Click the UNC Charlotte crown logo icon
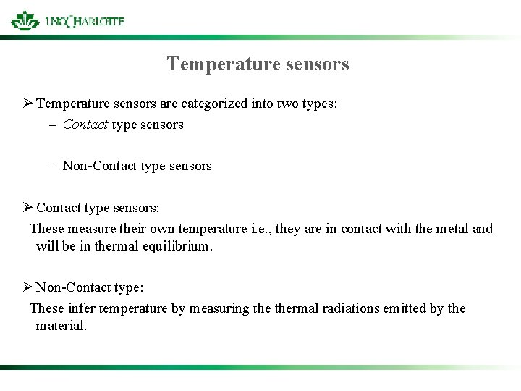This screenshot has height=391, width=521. [25, 20]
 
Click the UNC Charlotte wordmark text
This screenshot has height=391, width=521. [85, 21]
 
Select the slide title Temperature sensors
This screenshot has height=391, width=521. [258, 64]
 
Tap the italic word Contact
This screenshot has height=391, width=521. [85, 125]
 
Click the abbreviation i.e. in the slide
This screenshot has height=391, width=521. [261, 229]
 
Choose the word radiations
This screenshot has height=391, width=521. [343, 308]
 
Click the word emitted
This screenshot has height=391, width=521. [401, 308]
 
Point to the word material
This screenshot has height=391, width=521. [61, 326]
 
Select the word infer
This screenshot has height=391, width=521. [82, 308]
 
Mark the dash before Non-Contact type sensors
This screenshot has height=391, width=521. [54, 166]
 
